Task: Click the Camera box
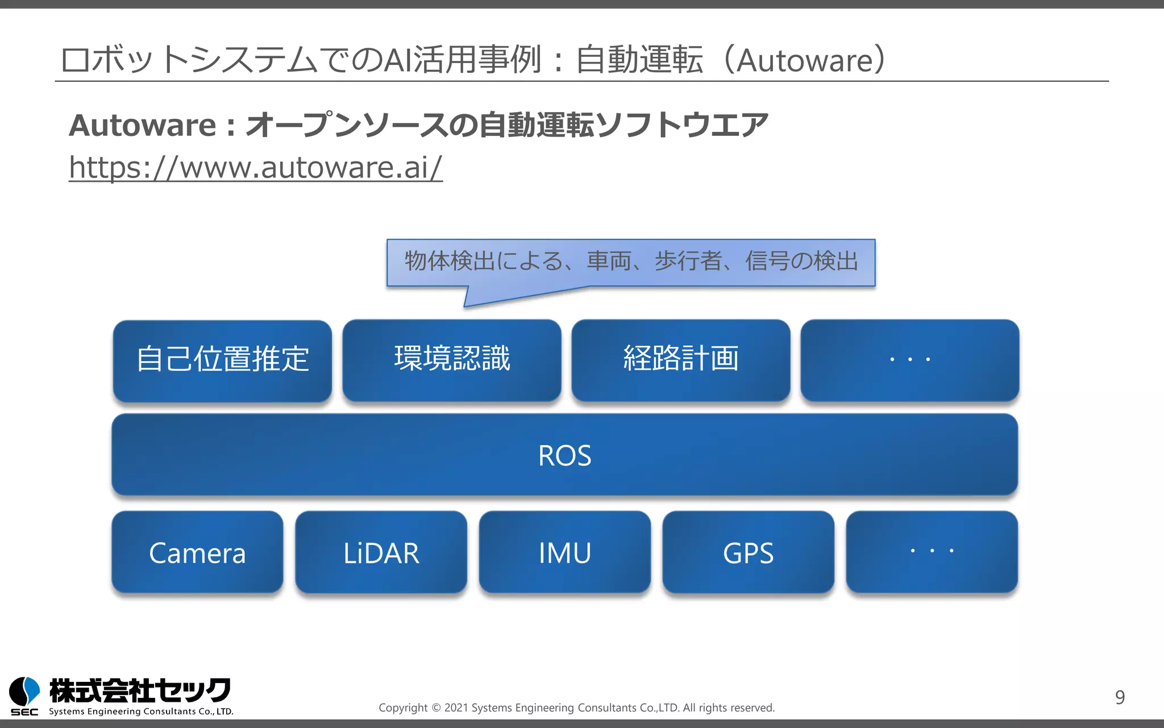197,552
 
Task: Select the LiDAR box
381,552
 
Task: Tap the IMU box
564,552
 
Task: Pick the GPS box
748,552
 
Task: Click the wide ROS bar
564,455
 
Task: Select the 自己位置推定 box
222,360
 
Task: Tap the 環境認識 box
452,359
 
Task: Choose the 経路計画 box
681,359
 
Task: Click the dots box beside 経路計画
909,359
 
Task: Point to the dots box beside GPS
932,551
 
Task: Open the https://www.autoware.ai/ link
255,168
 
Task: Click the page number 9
1120,697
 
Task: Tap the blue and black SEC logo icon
24,693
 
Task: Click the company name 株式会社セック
140,690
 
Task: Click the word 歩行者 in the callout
688,261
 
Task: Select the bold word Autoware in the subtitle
143,125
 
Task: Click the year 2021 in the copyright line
456,708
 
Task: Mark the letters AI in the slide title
398,60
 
